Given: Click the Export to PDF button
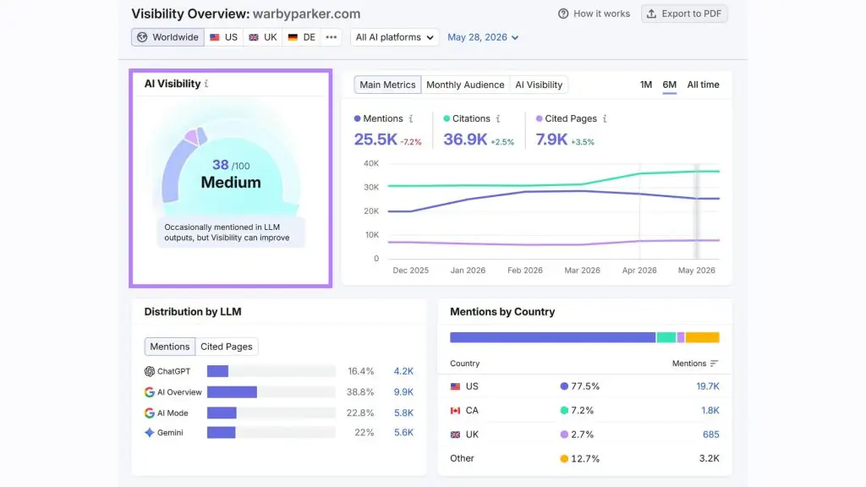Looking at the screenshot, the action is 683,14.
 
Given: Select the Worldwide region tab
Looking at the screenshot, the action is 168,37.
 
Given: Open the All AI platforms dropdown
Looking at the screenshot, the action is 394,37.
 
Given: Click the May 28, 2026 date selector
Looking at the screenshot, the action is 483,37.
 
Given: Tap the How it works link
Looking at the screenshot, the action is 594,14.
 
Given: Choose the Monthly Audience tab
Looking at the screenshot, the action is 465,85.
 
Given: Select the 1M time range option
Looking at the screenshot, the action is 645,85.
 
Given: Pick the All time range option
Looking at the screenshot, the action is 703,85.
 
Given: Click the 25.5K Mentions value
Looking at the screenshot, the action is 375,140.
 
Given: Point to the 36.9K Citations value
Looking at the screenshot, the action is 465,140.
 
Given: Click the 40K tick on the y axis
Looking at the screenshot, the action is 371,163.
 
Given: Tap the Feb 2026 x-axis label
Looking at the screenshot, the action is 524,270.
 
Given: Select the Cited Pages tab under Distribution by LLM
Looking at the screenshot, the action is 227,346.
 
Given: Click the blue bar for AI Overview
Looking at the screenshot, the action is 232,392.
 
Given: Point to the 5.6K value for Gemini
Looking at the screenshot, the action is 403,432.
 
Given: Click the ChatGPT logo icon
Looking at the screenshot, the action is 149,371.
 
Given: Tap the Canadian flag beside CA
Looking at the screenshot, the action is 455,410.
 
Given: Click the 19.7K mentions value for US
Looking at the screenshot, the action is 708,386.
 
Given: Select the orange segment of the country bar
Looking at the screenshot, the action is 702,337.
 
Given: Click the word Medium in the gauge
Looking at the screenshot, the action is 231,183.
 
